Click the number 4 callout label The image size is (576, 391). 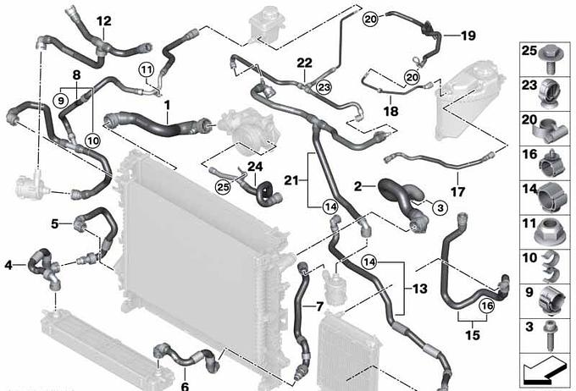(8, 265)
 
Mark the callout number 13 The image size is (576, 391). (420, 289)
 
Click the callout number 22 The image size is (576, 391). (304, 62)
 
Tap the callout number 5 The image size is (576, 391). (55, 224)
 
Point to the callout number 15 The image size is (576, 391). (472, 332)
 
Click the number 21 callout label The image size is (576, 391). (291, 179)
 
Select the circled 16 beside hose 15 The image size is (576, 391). (486, 306)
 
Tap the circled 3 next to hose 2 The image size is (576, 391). (416, 207)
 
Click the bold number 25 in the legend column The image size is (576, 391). (528, 51)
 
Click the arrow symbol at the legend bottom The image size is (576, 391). (542, 369)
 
